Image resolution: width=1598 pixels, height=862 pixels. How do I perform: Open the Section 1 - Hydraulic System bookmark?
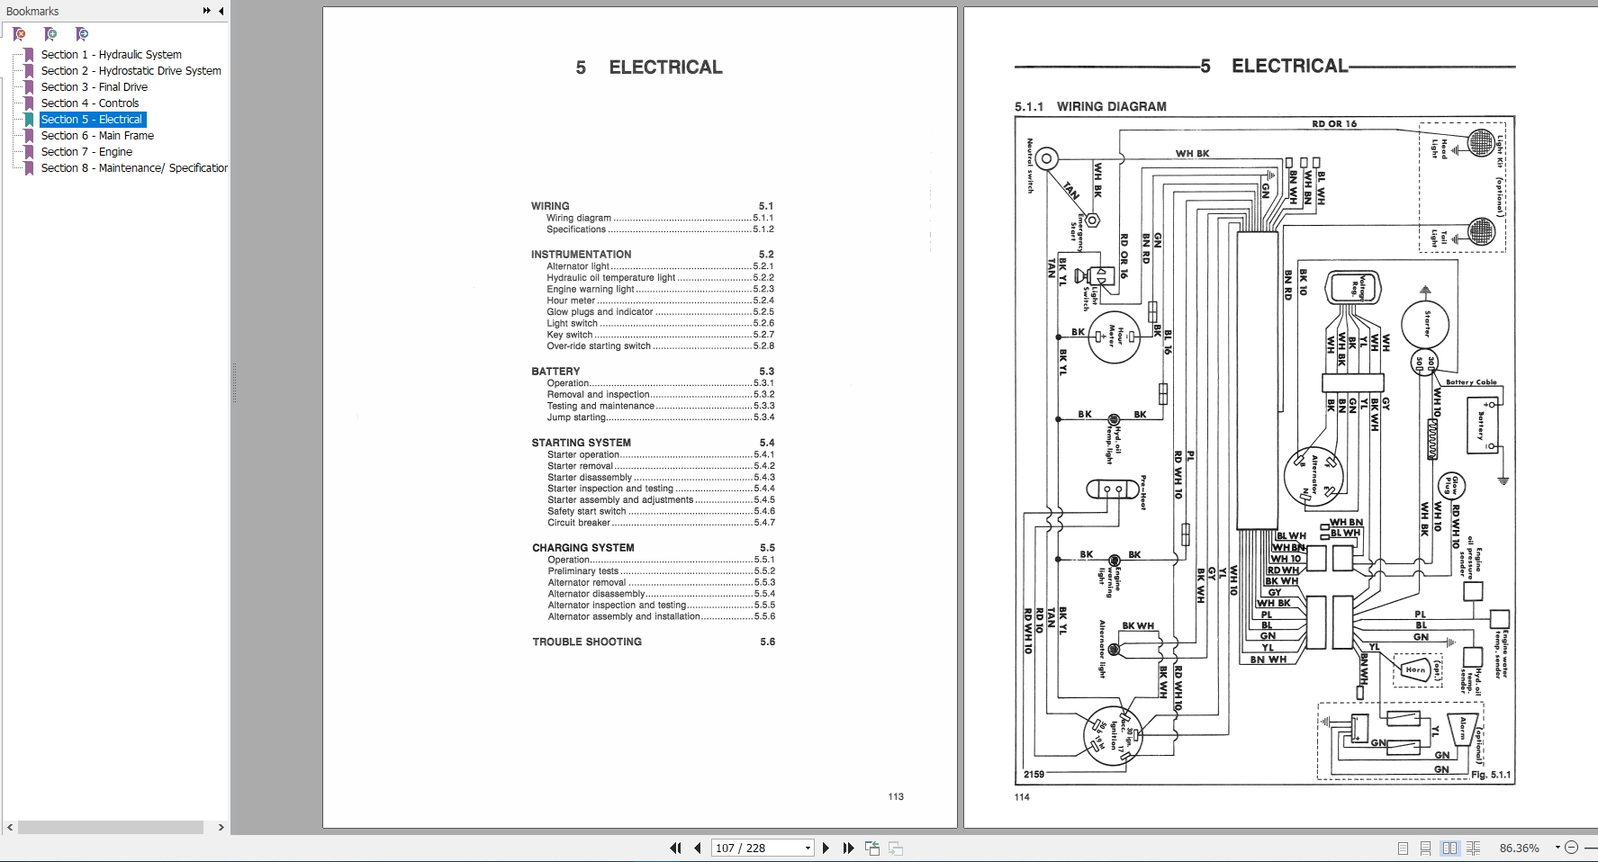click(x=111, y=55)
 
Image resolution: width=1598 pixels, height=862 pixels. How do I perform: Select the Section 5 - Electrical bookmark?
click(x=91, y=120)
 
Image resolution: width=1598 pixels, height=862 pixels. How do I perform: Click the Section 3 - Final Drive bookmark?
click(x=94, y=87)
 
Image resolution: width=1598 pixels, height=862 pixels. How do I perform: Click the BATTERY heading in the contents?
click(x=555, y=372)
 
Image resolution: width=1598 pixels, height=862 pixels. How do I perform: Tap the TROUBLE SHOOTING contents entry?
click(x=587, y=642)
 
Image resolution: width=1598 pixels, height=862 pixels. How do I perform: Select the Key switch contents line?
click(x=570, y=335)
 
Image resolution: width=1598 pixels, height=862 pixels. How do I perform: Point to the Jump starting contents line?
click(x=577, y=418)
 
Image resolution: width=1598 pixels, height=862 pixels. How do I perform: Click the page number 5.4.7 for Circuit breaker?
click(x=763, y=523)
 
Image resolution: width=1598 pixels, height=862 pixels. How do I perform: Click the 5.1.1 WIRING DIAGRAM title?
click(x=1090, y=107)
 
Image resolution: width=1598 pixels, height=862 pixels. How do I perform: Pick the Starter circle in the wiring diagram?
click(x=1425, y=324)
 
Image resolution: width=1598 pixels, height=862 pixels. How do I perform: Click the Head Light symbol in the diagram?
click(x=1481, y=142)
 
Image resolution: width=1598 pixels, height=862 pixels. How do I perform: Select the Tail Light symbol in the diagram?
click(x=1481, y=231)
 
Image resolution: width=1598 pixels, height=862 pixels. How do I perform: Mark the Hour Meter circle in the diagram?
click(x=1115, y=337)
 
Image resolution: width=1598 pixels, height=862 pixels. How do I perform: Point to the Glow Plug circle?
click(x=1451, y=486)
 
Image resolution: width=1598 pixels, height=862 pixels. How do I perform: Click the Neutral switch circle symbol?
click(x=1045, y=160)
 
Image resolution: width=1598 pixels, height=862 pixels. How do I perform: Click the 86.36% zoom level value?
click(x=1519, y=848)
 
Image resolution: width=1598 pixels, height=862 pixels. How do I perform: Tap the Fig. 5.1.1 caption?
click(x=1490, y=775)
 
